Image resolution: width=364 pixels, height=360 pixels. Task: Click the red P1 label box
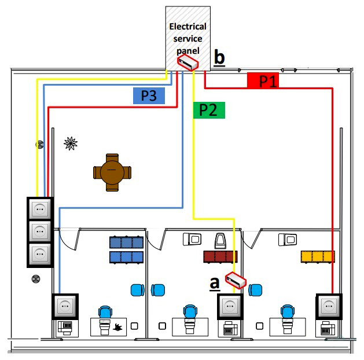263,80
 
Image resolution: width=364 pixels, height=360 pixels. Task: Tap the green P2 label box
209,110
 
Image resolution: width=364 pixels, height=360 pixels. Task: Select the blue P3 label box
149,95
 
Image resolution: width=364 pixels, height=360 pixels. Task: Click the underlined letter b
219,58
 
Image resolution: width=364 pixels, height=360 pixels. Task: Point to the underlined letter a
215,284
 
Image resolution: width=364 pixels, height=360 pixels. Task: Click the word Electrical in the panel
187,27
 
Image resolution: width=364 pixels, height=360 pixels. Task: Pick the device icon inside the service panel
188,62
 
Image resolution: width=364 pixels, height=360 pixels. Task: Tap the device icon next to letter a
236,280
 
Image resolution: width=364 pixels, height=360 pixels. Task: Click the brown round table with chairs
112,172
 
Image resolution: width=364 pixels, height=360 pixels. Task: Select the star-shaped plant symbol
71,144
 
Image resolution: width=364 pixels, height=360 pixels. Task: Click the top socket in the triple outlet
40,209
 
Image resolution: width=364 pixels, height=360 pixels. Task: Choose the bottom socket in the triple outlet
40,254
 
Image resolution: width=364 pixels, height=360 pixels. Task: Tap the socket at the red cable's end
329,306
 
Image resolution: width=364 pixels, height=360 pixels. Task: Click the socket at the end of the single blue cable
65,306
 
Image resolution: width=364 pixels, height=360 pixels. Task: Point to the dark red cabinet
220,257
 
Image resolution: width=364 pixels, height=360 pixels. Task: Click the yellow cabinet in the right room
318,257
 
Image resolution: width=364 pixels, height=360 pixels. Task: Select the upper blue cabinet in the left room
126,243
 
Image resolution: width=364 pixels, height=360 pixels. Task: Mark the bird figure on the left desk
117,328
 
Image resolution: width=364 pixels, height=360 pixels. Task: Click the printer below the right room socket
328,328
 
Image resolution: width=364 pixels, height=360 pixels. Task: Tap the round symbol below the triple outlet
36,279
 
